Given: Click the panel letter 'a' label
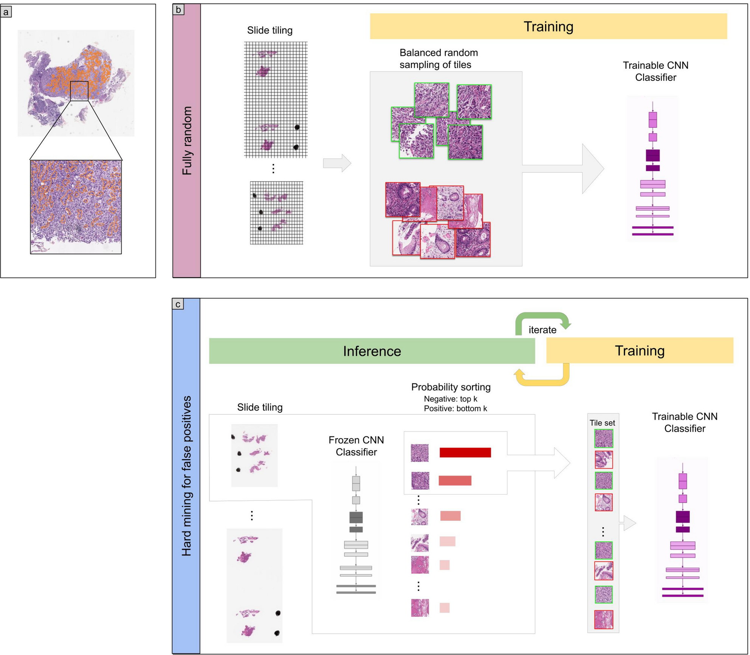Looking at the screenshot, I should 6,12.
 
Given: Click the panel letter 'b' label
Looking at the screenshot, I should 178,9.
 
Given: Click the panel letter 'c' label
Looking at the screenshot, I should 178,304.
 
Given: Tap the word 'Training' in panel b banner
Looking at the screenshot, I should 548,26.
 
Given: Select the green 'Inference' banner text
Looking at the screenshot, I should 372,351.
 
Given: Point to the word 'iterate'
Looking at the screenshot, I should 542,330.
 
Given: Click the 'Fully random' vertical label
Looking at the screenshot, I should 187,141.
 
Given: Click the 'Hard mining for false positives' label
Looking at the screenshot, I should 186,476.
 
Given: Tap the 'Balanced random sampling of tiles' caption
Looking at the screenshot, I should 439,59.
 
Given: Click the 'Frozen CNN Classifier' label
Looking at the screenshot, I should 356,446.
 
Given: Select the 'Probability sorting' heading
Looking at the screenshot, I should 451,387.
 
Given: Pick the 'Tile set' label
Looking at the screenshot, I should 602,423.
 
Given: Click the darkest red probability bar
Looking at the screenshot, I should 465,453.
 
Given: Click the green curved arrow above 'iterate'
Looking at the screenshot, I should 543,317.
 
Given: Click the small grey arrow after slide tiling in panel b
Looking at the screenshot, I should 337,163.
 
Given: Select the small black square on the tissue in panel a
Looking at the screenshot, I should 79,91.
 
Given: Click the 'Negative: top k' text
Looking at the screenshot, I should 450,399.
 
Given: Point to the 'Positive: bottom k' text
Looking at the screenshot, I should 455,408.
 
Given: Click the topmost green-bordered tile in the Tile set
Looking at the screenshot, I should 603,439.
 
